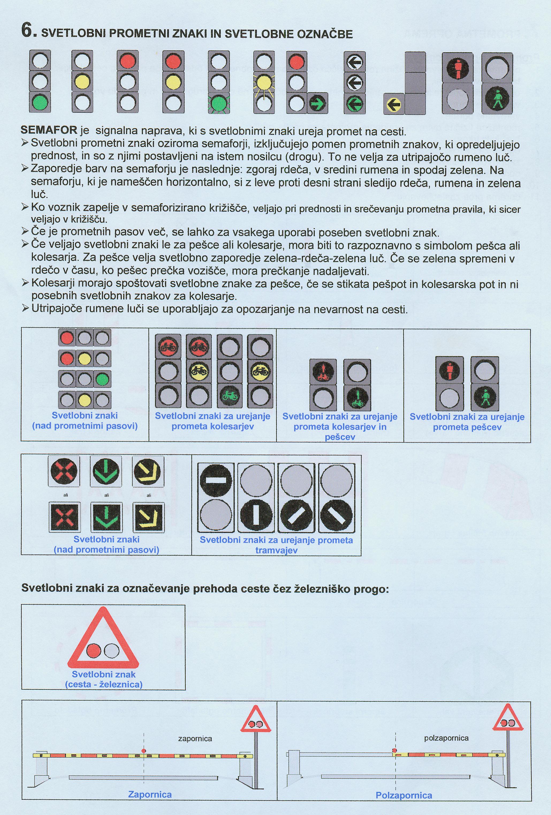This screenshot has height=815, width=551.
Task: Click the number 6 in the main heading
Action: [x=27, y=31]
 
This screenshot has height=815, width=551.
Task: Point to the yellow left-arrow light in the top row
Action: [x=394, y=104]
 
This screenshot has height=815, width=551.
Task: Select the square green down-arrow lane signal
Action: [x=107, y=517]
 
